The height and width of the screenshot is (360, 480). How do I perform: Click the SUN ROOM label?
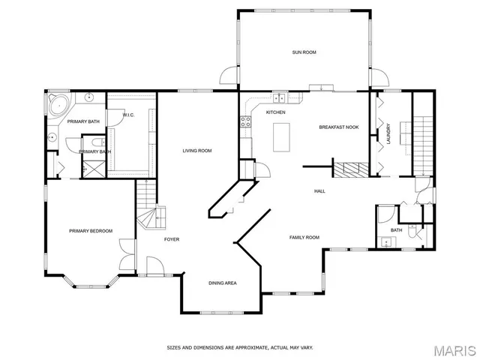[x=303, y=52]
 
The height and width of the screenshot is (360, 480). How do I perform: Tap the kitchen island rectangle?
[x=282, y=136]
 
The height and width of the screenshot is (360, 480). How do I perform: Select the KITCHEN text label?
[x=276, y=112]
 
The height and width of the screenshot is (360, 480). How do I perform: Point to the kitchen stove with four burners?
[x=244, y=121]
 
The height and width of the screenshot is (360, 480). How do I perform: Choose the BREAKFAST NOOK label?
[x=338, y=127]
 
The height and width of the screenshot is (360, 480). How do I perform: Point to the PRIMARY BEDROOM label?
[x=91, y=231]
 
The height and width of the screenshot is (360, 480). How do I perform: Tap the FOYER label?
[x=172, y=239]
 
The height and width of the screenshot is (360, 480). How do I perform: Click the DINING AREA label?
[x=223, y=283]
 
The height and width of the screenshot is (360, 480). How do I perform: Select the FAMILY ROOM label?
[x=304, y=237]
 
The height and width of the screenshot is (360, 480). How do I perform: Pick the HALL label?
[x=319, y=191]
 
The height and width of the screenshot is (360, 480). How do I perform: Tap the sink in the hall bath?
[x=386, y=241]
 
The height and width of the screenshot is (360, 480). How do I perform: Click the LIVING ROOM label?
[x=197, y=151]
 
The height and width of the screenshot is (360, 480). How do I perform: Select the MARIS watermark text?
[x=454, y=349]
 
